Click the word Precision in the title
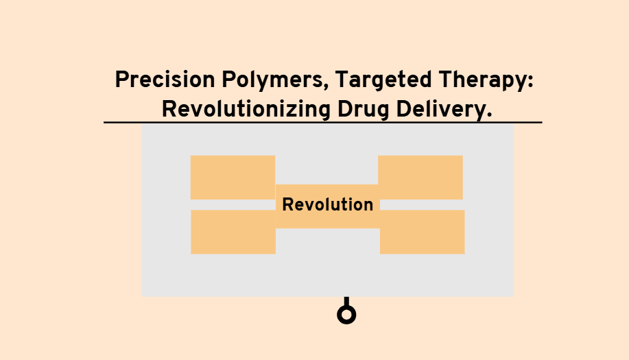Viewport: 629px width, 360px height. pyautogui.click(x=165, y=80)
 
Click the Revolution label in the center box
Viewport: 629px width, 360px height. pyautogui.click(x=328, y=204)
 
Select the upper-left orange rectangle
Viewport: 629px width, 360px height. pyautogui.click(x=233, y=178)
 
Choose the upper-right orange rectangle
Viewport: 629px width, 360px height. pyautogui.click(x=420, y=178)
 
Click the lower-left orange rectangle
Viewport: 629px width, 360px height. pyautogui.click(x=233, y=232)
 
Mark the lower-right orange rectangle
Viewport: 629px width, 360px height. pyautogui.click(x=423, y=232)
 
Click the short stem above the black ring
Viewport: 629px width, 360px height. pyautogui.click(x=346, y=301)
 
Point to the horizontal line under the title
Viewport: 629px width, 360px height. pyautogui.click(x=323, y=122)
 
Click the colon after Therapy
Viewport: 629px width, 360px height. pyautogui.click(x=530, y=81)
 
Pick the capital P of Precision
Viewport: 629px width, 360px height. pyautogui.click(x=121, y=80)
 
